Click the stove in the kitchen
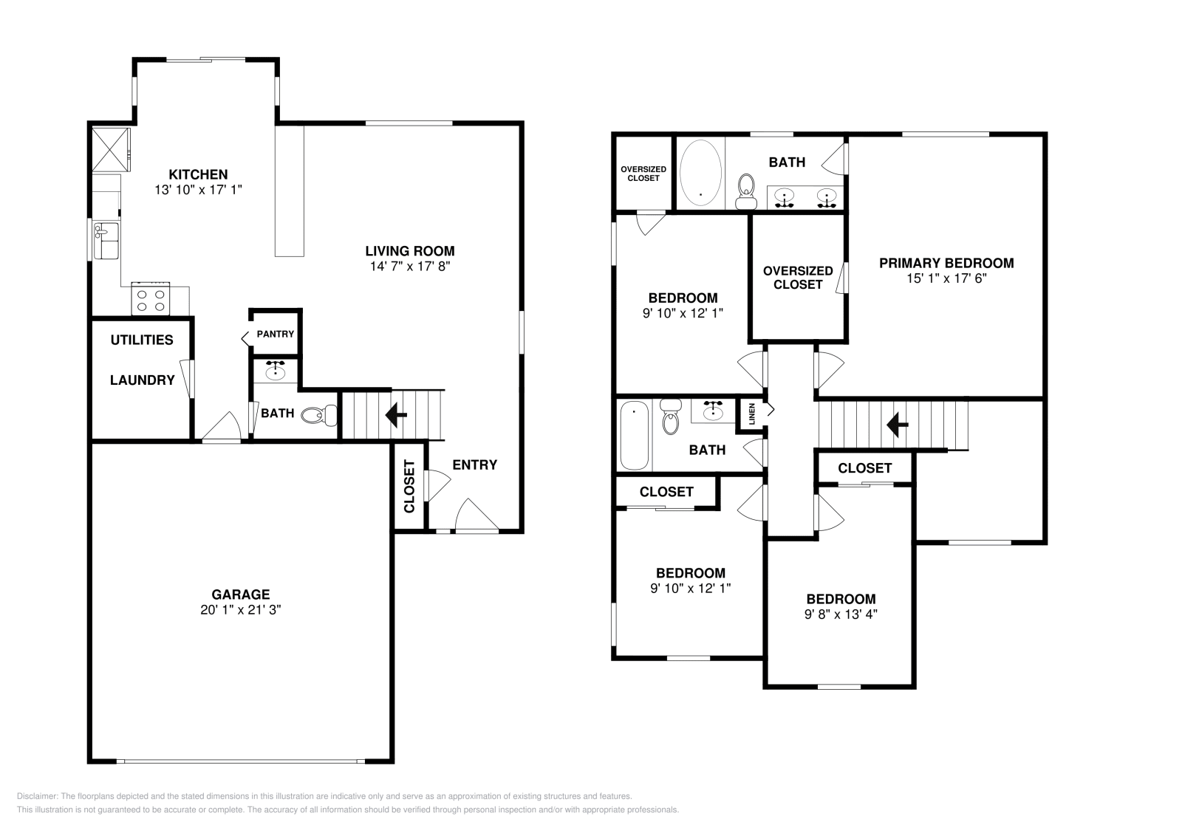click(151, 299)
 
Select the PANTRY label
click(275, 334)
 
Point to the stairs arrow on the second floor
click(897, 424)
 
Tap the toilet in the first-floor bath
click(318, 415)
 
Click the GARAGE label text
click(240, 594)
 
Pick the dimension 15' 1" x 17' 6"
click(946, 279)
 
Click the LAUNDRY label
click(142, 380)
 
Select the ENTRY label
click(474, 465)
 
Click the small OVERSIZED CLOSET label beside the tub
click(643, 174)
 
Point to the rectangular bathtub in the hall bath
click(633, 435)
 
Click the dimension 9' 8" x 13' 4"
click(841, 614)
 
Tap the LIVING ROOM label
click(409, 250)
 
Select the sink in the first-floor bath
click(276, 371)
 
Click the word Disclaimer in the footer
click(36, 796)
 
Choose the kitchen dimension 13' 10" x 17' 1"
click(198, 190)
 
